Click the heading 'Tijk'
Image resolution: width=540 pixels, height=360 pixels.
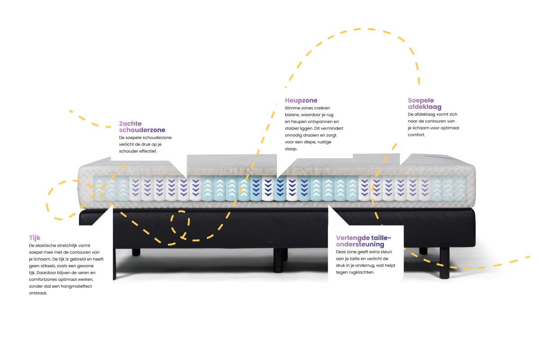[35, 238]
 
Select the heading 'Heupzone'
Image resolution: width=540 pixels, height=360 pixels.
[301, 100]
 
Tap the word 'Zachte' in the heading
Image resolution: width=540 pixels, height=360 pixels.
[130, 123]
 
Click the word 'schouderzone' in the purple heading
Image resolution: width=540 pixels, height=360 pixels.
[142, 130]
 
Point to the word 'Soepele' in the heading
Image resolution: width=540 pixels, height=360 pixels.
[421, 100]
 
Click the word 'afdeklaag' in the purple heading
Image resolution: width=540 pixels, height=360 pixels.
[424, 107]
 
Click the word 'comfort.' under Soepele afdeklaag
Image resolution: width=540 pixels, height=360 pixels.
[416, 135]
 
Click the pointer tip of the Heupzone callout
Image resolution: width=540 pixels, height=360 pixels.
[277, 177]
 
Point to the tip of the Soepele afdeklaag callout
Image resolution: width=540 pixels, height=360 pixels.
[400, 164]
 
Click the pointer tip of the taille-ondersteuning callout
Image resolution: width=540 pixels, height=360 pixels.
[329, 206]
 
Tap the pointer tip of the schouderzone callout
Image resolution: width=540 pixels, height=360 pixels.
[186, 176]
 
